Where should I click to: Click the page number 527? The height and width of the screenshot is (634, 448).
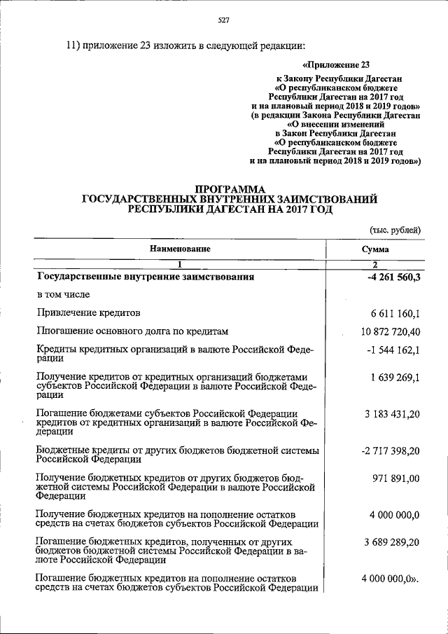tap(223, 21)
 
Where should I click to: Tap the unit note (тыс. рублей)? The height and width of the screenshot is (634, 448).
tap(395, 230)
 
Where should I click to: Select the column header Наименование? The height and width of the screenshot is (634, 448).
tap(179, 249)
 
